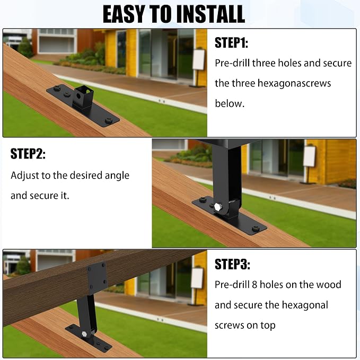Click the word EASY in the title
(x=124, y=14)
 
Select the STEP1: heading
(x=231, y=43)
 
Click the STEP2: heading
(x=28, y=154)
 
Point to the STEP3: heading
(x=232, y=264)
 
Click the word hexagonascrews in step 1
(x=294, y=83)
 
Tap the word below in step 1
(x=230, y=103)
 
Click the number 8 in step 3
(x=254, y=285)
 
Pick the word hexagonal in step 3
(x=305, y=305)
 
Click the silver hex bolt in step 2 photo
(x=218, y=207)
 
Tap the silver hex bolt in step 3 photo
(x=84, y=333)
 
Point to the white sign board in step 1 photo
(x=199, y=59)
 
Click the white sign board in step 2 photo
(x=309, y=156)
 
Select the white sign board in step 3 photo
(x=197, y=278)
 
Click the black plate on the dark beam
(x=98, y=278)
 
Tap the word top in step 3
(x=268, y=326)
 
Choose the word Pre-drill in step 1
(x=232, y=63)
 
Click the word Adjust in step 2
(x=25, y=176)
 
